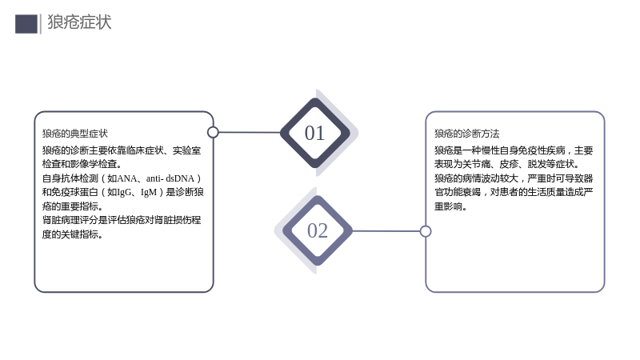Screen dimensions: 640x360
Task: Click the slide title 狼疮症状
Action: point(79,22)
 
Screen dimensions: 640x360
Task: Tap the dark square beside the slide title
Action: point(26,24)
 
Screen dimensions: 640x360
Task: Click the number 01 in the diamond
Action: point(314,133)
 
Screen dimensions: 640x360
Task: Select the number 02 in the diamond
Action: point(318,230)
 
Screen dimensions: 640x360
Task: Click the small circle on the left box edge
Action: point(213,132)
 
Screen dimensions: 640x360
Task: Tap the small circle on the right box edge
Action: point(426,231)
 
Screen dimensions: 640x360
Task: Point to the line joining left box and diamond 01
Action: point(250,132)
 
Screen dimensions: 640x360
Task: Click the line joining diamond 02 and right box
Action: point(386,231)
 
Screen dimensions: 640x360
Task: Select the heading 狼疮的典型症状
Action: point(75,134)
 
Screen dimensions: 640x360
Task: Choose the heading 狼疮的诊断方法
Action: point(467,134)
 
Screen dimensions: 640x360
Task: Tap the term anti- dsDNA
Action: point(170,178)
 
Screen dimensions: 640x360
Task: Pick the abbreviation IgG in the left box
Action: point(124,192)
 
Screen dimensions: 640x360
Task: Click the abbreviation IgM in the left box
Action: point(149,192)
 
